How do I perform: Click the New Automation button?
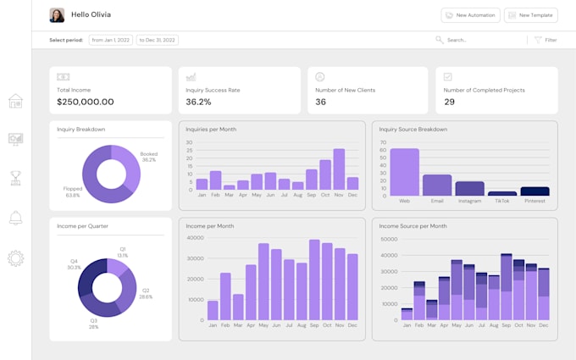470,15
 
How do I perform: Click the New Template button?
531,15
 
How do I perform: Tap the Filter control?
546,40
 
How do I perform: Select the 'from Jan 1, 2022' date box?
110,40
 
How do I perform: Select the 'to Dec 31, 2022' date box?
158,40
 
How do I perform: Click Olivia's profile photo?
57,15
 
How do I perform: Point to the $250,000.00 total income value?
85,102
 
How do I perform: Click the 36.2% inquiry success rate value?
198,102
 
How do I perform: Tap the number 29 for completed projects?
449,102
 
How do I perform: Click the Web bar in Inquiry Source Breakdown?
404,173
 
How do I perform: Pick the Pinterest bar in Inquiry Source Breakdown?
534,191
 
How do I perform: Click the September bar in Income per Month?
314,280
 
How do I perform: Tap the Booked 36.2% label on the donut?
149,157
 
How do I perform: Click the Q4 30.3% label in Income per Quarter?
74,264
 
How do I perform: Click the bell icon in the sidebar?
15,219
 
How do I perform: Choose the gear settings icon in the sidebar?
15,258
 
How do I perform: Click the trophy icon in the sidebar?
15,178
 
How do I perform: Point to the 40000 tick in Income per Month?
195,238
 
